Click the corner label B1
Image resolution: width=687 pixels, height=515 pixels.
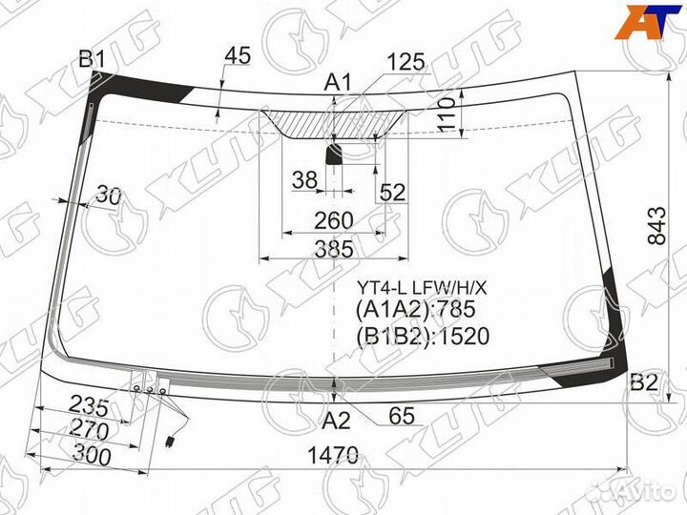point(92,59)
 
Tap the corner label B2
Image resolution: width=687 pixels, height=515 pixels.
point(644,382)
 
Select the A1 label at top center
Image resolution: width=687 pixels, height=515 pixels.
point(338,82)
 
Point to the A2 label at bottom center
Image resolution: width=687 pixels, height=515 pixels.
point(336,421)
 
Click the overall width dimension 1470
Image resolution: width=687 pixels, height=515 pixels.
point(333,456)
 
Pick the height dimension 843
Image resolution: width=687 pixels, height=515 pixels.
point(656,225)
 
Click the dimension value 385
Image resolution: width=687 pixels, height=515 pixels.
point(334,249)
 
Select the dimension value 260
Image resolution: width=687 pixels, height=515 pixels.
point(333,220)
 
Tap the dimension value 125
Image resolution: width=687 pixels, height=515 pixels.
point(406,62)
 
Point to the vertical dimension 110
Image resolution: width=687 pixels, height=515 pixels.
point(447,114)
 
